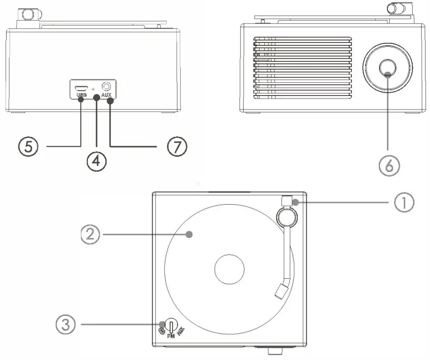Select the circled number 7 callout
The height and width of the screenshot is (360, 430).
click(176, 146)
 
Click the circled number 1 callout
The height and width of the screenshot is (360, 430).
click(404, 203)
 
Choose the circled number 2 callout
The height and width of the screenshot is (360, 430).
click(91, 235)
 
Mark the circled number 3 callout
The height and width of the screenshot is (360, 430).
click(66, 324)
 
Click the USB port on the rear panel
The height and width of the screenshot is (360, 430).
click(81, 87)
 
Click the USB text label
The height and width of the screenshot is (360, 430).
click(81, 96)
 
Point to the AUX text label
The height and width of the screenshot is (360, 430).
click(107, 96)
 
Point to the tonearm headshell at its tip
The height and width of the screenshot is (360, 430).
click(282, 289)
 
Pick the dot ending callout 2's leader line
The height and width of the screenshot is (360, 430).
click(190, 235)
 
